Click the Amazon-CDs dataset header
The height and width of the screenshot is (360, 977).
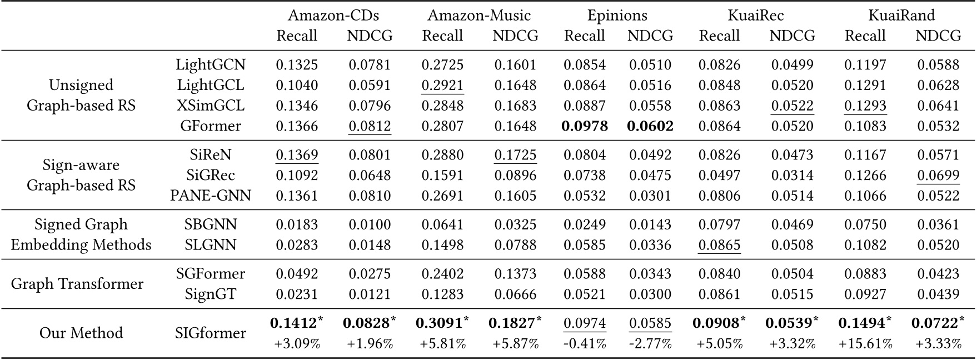point(333,15)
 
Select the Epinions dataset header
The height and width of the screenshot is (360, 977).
point(617,15)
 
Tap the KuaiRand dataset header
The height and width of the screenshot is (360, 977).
point(901,15)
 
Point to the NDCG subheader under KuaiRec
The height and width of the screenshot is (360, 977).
point(792,36)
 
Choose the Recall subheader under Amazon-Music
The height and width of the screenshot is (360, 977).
point(442,36)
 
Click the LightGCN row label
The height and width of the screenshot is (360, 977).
point(211,64)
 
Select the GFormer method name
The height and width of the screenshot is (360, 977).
point(211,126)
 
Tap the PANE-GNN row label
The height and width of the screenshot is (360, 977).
point(211,196)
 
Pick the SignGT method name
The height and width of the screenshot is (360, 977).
point(211,294)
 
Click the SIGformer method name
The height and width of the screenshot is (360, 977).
point(211,333)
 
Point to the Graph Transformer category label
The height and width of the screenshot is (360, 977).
point(77,284)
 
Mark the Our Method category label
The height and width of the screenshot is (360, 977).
point(81,333)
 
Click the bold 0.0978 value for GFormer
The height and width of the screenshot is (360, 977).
point(585,126)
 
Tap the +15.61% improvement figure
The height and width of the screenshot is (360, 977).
point(865,344)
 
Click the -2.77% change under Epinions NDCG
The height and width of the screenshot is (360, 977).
point(650,344)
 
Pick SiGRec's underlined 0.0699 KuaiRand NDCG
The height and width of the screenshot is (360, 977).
point(938,175)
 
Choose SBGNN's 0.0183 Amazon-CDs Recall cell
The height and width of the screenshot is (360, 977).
point(297,224)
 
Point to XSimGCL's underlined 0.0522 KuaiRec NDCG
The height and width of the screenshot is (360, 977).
point(792,106)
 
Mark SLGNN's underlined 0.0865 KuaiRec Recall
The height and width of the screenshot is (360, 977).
point(719,245)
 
